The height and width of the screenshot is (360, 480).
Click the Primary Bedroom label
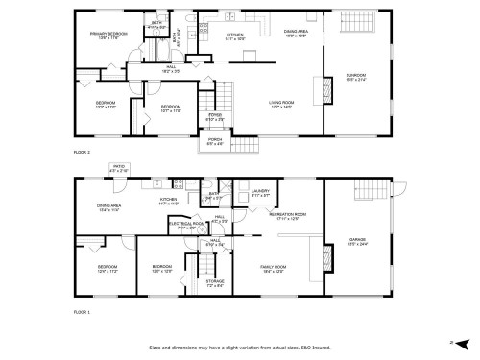[x=108, y=35]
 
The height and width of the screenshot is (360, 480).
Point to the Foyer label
[x=216, y=116]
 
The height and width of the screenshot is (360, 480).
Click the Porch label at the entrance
[x=216, y=140]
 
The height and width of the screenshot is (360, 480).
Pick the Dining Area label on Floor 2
[x=296, y=32]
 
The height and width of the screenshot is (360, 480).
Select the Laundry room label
[x=260, y=192]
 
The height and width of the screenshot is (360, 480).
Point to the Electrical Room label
[x=186, y=224]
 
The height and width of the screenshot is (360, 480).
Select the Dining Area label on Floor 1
[x=108, y=206]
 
